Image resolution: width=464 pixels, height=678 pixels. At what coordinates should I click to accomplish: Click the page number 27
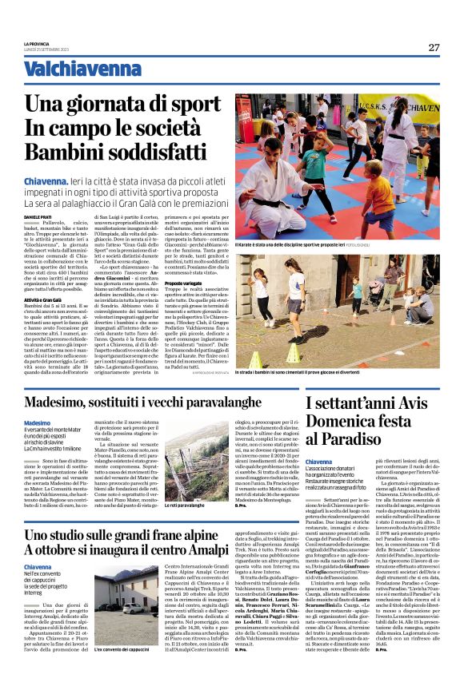[x=434, y=47]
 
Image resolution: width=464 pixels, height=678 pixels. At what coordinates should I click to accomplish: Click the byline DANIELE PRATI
[x=37, y=215]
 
